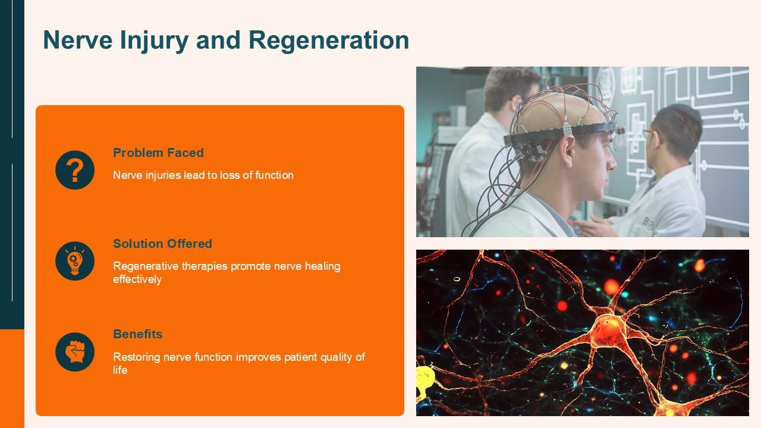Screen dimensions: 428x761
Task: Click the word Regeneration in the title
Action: click(x=329, y=40)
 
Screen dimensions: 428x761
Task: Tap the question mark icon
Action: click(x=75, y=170)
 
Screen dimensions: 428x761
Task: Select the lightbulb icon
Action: click(x=75, y=261)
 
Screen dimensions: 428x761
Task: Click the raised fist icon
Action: click(x=75, y=352)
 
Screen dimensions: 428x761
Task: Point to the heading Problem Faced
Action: click(x=158, y=153)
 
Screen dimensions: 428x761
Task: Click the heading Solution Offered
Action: click(x=162, y=244)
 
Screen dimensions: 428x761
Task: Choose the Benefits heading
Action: click(x=137, y=334)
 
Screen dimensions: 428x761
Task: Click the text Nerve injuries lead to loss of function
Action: click(x=203, y=175)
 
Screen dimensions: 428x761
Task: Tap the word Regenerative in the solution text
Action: click(x=143, y=266)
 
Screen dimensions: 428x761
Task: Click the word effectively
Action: click(x=137, y=279)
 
